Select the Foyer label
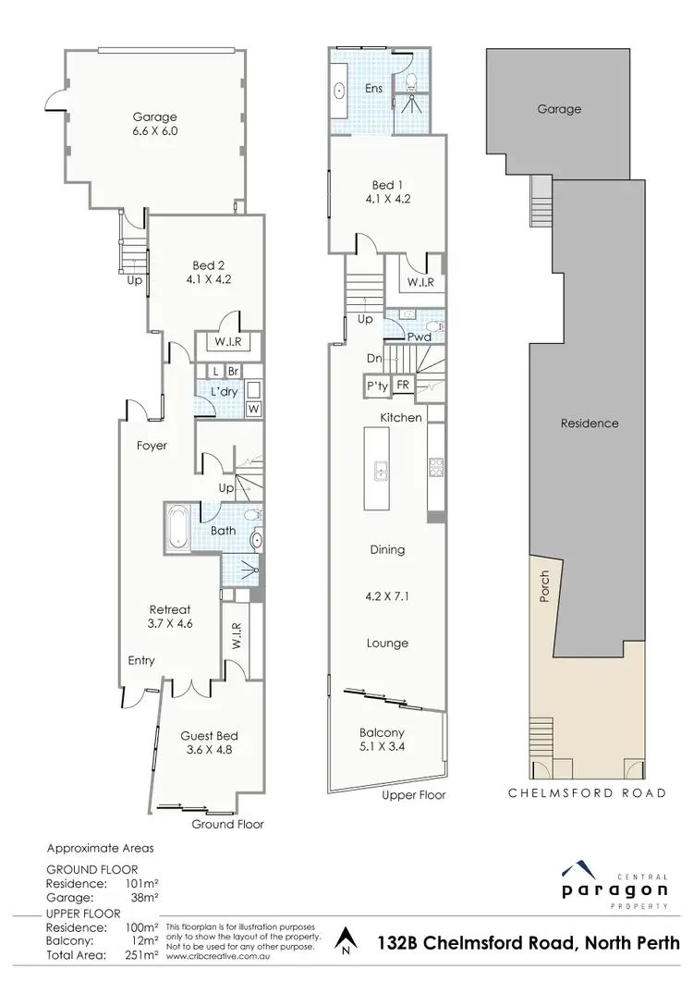[152, 446]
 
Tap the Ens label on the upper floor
[373, 89]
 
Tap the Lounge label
[386, 644]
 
